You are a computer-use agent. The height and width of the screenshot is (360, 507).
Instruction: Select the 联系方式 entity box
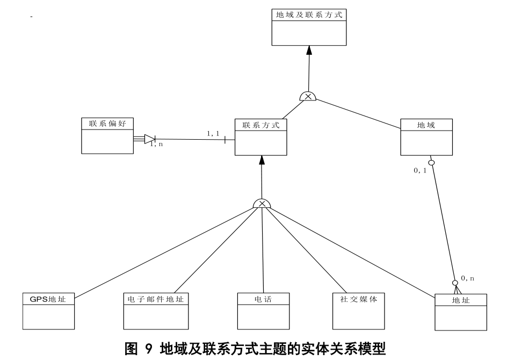(x=261, y=137)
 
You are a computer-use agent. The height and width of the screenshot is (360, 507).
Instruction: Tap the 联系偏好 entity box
(x=107, y=135)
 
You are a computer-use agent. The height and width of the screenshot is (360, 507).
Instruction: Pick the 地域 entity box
(x=426, y=137)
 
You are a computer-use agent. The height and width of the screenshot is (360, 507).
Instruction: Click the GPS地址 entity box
(x=48, y=311)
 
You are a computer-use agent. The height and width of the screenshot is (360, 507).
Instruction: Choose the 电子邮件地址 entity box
(x=156, y=311)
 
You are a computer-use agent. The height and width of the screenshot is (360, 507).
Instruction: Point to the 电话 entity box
(x=263, y=311)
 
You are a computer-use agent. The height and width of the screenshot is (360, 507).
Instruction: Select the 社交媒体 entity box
(x=358, y=311)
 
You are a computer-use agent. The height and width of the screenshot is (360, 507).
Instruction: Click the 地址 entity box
(x=460, y=312)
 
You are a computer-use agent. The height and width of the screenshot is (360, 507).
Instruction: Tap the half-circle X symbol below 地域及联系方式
(x=308, y=96)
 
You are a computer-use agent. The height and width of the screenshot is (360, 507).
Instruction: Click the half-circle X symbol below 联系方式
(x=262, y=203)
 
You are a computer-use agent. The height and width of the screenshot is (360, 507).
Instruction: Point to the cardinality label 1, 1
(x=213, y=133)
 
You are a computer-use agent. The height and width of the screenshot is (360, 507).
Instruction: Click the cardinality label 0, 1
(x=419, y=170)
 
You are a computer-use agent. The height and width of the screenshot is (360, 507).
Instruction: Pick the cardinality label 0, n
(x=467, y=278)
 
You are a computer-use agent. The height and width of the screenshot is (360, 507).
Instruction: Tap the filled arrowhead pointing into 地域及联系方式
(x=309, y=51)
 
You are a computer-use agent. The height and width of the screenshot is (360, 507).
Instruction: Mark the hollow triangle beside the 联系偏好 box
(x=149, y=139)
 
